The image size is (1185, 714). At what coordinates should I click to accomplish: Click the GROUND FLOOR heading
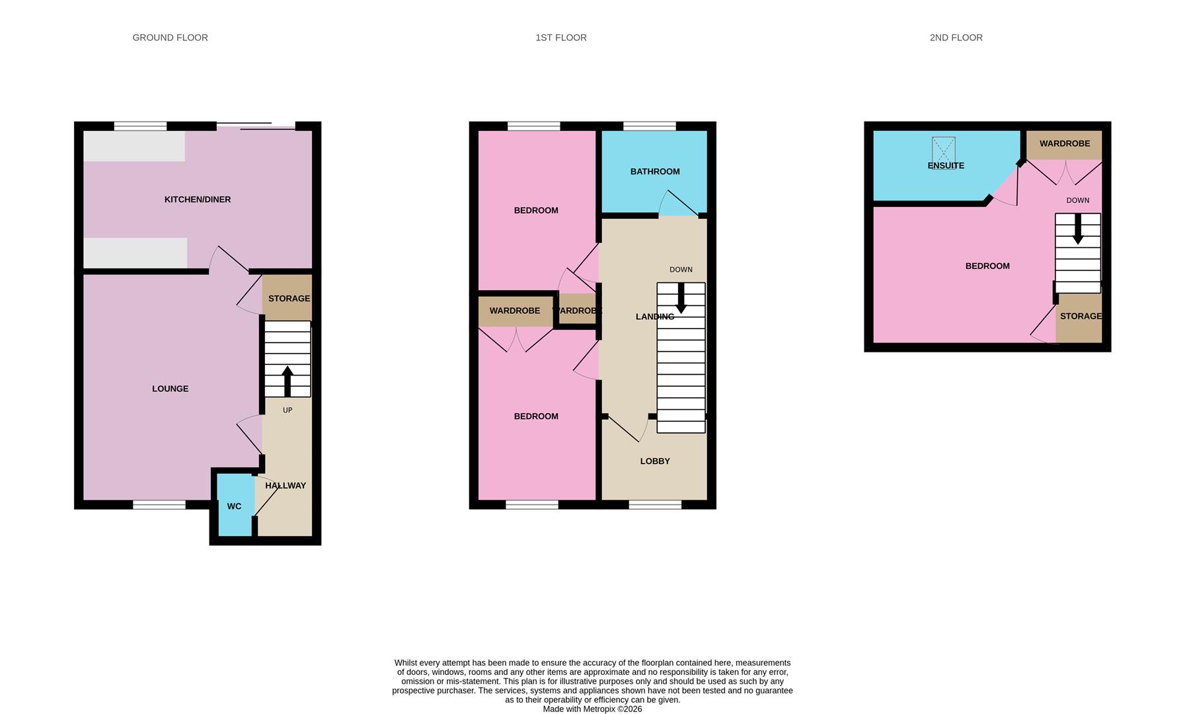pos(170,38)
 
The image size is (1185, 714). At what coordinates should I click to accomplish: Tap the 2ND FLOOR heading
pos(956,38)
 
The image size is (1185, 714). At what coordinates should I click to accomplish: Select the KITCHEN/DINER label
pos(198,200)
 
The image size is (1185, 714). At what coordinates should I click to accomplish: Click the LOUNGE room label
pos(171,389)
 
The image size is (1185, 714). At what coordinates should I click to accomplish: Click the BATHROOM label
pos(655,172)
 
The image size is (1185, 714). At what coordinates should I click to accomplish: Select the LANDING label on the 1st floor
pos(655,317)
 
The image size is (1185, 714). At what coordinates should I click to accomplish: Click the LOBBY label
pos(655,461)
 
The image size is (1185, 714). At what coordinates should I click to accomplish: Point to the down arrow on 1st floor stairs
pos(681,298)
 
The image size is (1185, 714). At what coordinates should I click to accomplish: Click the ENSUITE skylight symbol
pos(944,149)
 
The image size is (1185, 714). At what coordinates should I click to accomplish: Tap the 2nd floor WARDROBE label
pos(1065,143)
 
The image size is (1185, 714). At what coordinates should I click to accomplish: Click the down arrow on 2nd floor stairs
pos(1078,229)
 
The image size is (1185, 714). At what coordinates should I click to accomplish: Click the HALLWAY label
pos(286,486)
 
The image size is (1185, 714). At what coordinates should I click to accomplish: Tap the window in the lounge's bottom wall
pos(159,505)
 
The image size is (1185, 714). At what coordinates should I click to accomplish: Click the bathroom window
pos(650,126)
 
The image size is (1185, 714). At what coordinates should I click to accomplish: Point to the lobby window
pos(655,505)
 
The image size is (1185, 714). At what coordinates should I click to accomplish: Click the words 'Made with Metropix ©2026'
pos(592,709)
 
